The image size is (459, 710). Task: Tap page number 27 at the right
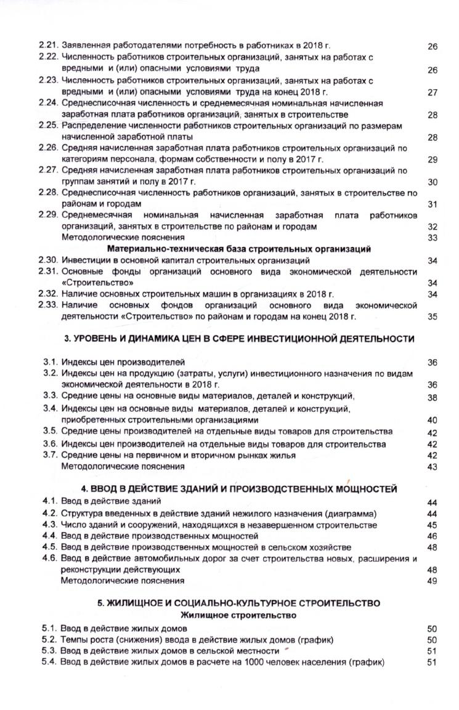click(432, 92)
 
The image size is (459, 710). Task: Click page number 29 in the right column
click(432, 159)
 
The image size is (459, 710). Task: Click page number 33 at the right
click(432, 238)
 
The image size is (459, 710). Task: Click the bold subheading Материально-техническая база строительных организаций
click(239, 249)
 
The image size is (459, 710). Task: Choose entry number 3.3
click(50, 396)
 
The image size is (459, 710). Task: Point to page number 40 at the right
click(432, 420)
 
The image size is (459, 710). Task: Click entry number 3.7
click(50, 455)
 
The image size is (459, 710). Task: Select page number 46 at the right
click(432, 536)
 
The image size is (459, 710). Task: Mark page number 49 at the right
click(432, 581)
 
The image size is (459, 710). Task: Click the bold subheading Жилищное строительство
click(238, 615)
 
